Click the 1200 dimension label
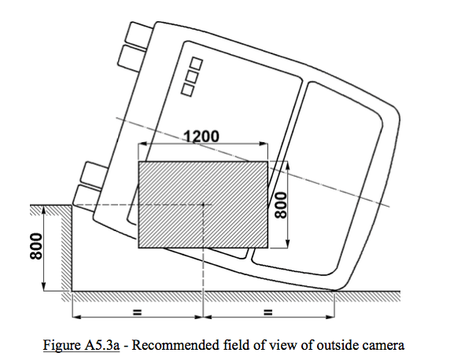pyautogui.click(x=201, y=136)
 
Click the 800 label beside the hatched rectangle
pyautogui.click(x=280, y=205)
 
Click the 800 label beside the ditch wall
pyautogui.click(x=36, y=246)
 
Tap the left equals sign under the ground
pyautogui.click(x=138, y=312)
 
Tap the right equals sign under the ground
pyautogui.click(x=267, y=312)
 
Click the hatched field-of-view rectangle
pyautogui.click(x=203, y=204)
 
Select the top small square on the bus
pyautogui.click(x=197, y=64)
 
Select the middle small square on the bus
pyautogui.click(x=192, y=77)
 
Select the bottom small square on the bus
pyautogui.click(x=187, y=90)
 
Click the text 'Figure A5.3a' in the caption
pyautogui.click(x=81, y=345)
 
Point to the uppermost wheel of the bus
pyautogui.click(x=140, y=33)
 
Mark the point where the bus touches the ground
pyautogui.click(x=334, y=291)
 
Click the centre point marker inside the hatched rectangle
pyautogui.click(x=203, y=204)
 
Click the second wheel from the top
pyautogui.click(x=132, y=58)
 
